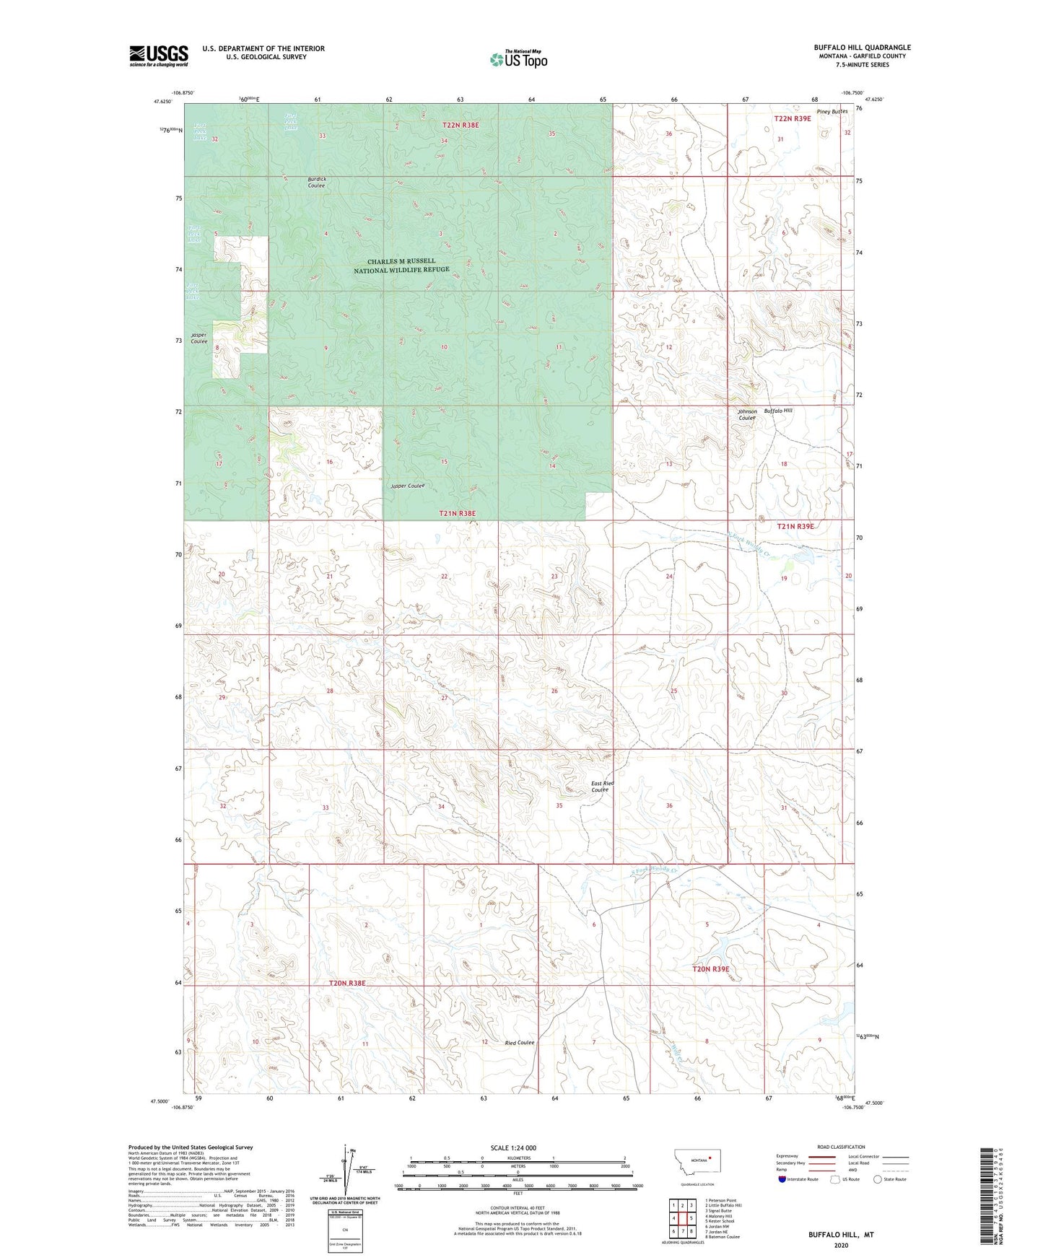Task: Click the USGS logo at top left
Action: coord(159,56)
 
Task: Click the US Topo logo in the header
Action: coord(518,59)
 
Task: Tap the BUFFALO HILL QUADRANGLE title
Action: coord(862,48)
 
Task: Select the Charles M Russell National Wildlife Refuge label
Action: coord(401,266)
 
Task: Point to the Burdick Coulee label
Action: coord(316,182)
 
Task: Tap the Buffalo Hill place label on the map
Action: coord(778,410)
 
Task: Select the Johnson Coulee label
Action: coord(747,414)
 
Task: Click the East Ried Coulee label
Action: coord(602,786)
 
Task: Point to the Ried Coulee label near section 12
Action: coord(520,1042)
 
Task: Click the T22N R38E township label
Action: coord(461,125)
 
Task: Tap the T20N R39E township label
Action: coord(711,969)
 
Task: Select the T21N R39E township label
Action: coord(795,526)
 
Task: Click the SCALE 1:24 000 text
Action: coord(513,1147)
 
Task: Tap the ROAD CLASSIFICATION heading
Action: coord(842,1147)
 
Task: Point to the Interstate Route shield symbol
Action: coord(782,1179)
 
